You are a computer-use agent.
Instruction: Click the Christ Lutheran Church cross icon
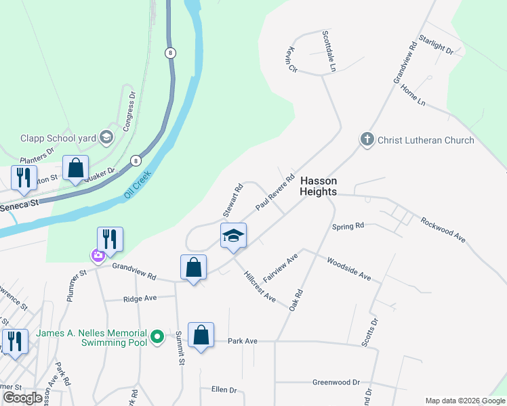(367, 140)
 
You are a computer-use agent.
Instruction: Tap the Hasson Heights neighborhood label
(319, 186)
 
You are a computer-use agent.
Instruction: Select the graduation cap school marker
(233, 236)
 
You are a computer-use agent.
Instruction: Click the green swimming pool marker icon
(157, 336)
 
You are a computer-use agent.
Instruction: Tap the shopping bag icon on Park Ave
(201, 335)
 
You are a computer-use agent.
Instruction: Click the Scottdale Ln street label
(329, 51)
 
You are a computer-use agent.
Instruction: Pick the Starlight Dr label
(436, 45)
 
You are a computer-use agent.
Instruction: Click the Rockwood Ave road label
(443, 230)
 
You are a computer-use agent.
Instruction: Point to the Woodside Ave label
(349, 269)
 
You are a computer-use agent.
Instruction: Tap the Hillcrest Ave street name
(260, 286)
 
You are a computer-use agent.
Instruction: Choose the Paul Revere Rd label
(275, 194)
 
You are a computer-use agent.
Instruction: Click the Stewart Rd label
(232, 201)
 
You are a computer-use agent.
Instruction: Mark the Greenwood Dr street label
(336, 382)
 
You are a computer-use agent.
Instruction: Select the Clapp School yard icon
(106, 138)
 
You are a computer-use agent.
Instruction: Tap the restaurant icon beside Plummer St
(108, 239)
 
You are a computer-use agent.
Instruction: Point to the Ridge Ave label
(140, 298)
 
